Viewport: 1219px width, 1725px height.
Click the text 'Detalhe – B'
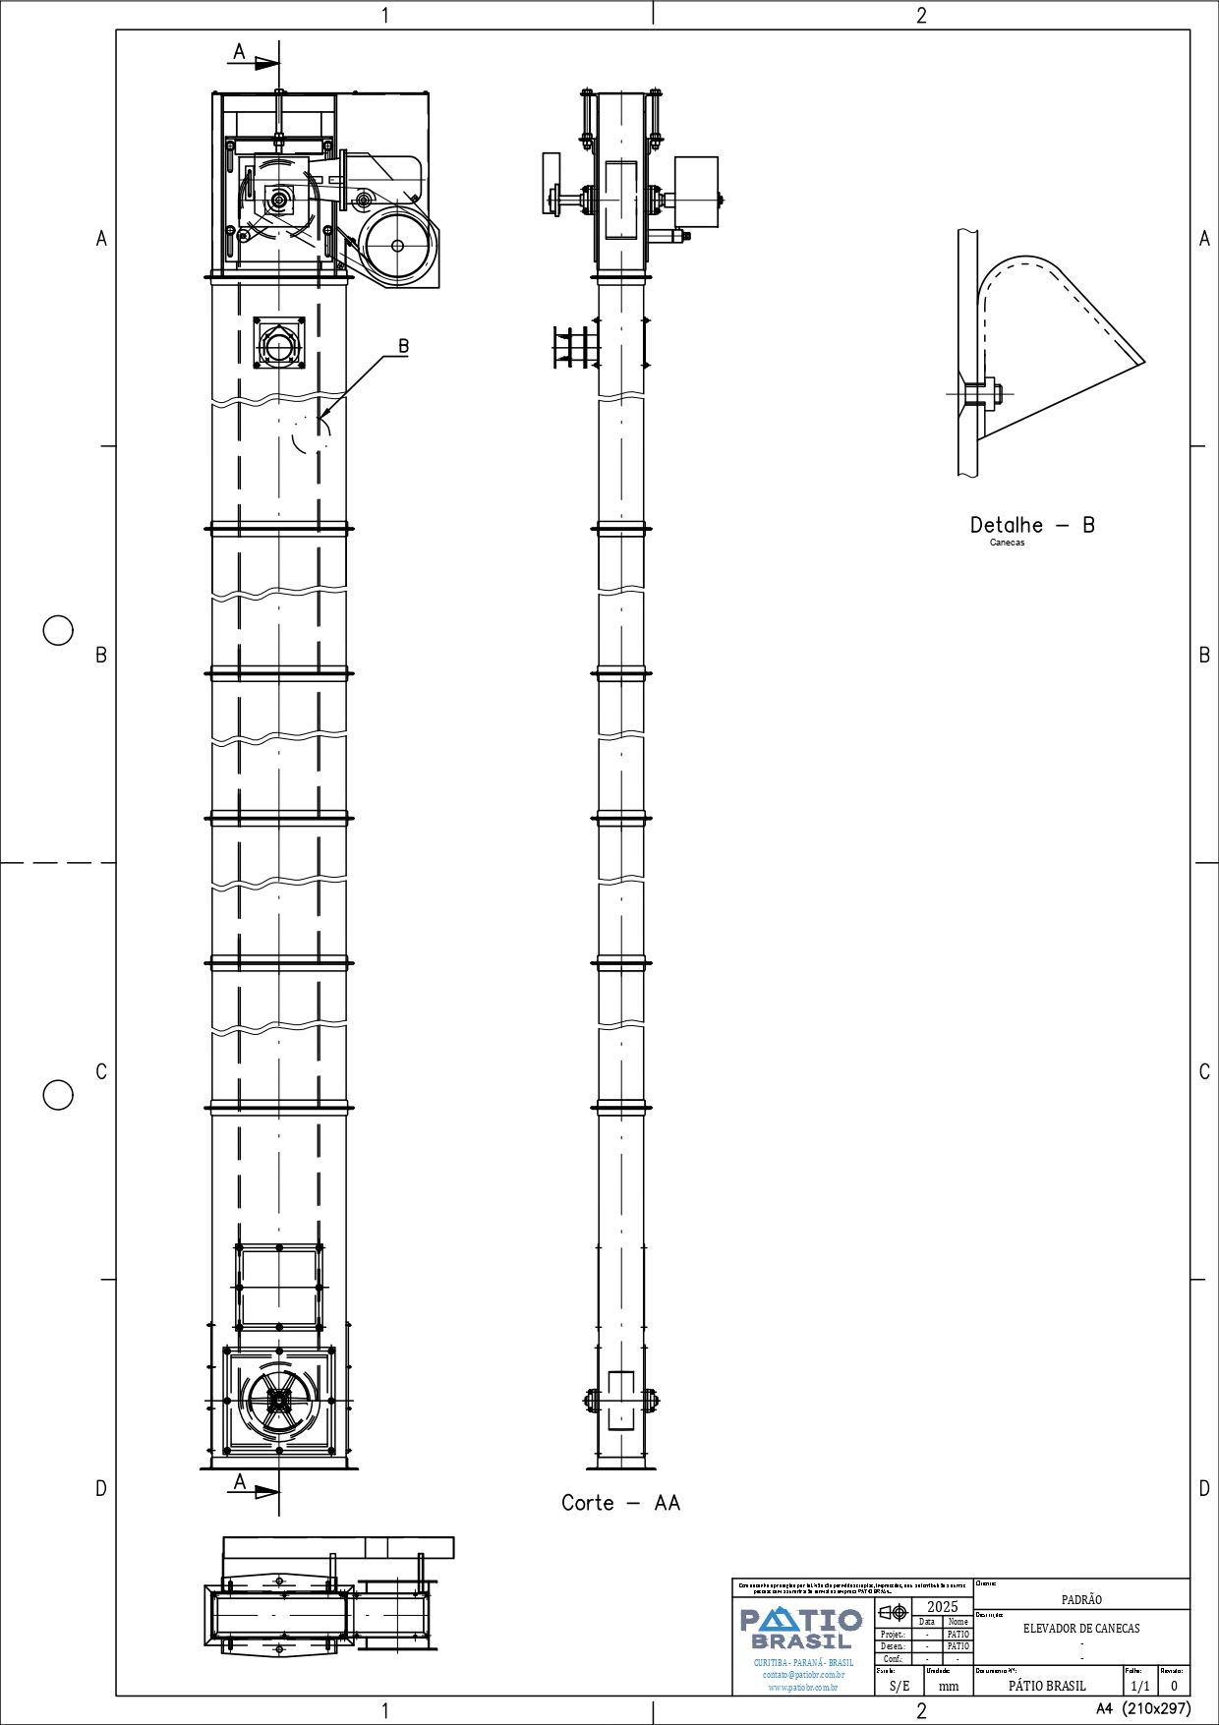pyautogui.click(x=1031, y=525)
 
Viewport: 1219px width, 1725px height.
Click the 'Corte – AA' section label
pyautogui.click(x=620, y=1503)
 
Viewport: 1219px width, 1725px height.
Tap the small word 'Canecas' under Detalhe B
pyautogui.click(x=1007, y=543)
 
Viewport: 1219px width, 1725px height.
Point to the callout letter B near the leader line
pyautogui.click(x=403, y=346)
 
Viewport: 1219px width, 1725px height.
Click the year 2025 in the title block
pyautogui.click(x=942, y=1607)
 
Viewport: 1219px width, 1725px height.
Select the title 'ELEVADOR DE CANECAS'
pyautogui.click(x=1081, y=1629)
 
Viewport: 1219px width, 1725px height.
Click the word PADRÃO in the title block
pyautogui.click(x=1081, y=1600)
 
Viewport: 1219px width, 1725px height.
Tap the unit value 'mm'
pyautogui.click(x=949, y=1686)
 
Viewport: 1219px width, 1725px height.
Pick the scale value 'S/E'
pyautogui.click(x=900, y=1686)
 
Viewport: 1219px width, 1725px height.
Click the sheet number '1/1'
pyautogui.click(x=1140, y=1686)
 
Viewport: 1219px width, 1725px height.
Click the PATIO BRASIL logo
pyautogui.click(x=802, y=1628)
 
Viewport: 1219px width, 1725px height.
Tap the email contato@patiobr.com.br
pyautogui.click(x=803, y=1675)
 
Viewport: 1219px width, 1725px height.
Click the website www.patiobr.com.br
pyautogui.click(x=803, y=1688)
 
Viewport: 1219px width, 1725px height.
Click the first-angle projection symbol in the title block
pyautogui.click(x=893, y=1612)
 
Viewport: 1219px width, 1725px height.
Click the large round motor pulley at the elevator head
pyautogui.click(x=397, y=246)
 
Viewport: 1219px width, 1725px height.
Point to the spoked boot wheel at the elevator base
pyautogui.click(x=279, y=1401)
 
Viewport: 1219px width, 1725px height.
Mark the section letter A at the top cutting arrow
pyautogui.click(x=239, y=51)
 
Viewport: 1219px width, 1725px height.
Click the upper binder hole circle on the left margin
pyautogui.click(x=58, y=630)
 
